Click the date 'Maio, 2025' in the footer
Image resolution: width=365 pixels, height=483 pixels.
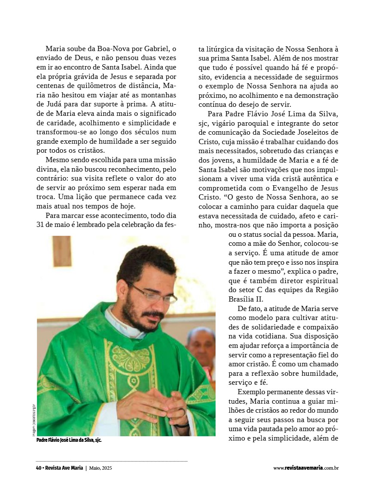tap(103, 468)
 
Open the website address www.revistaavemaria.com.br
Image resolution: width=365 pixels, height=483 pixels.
tap(306, 468)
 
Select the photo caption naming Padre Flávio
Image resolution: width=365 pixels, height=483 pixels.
tap(69, 440)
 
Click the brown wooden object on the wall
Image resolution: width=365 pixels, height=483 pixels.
tap(62, 251)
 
